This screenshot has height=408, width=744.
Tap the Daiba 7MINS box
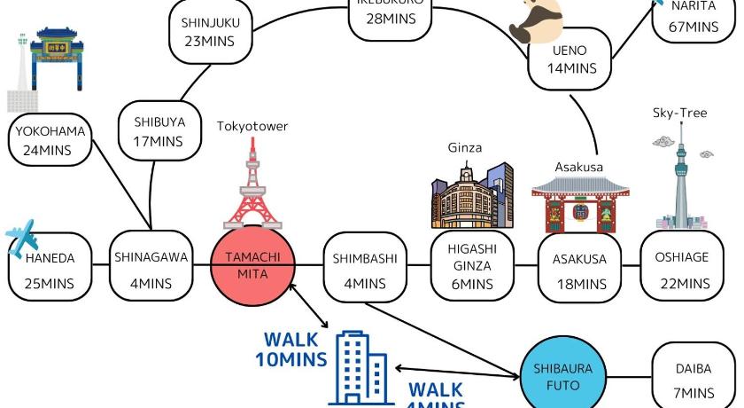pos(693,377)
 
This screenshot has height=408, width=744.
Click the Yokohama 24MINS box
pos(50,141)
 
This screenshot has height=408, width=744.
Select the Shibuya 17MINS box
pos(159,130)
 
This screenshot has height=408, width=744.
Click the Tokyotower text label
pos(252,126)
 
